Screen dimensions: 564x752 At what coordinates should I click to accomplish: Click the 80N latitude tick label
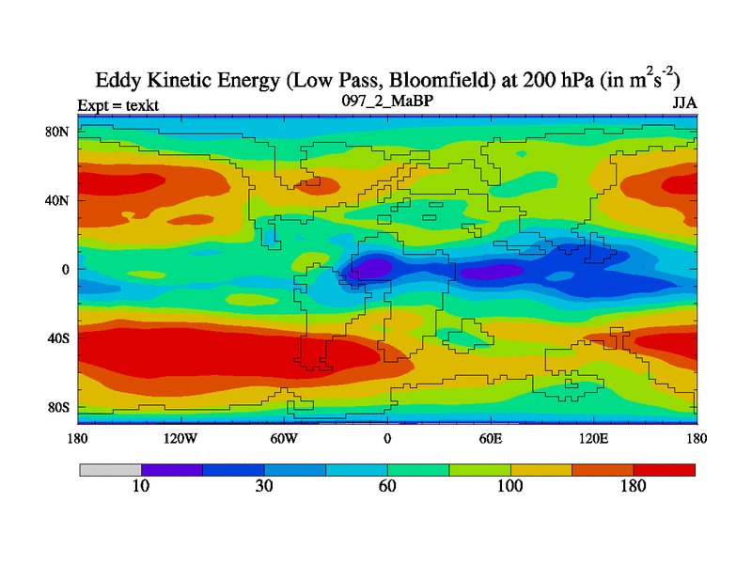pyautogui.click(x=59, y=132)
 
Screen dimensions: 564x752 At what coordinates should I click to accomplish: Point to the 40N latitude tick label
pyautogui.click(x=59, y=200)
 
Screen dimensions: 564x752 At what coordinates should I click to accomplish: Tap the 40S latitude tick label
pyautogui.click(x=59, y=337)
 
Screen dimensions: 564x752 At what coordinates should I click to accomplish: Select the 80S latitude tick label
pyautogui.click(x=59, y=407)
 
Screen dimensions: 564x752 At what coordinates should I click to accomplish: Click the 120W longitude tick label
pyautogui.click(x=180, y=438)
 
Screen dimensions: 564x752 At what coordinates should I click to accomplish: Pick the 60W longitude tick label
pyautogui.click(x=284, y=438)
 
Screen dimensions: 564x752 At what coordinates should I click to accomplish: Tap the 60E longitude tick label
pyautogui.click(x=491, y=438)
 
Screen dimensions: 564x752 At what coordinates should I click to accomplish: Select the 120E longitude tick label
pyautogui.click(x=593, y=438)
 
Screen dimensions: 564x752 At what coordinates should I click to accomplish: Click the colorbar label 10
pyautogui.click(x=141, y=487)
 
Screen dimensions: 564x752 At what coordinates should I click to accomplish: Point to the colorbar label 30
pyautogui.click(x=264, y=487)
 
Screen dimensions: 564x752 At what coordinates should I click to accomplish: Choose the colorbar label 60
pyautogui.click(x=387, y=487)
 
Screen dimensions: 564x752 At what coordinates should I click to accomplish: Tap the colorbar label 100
pyautogui.click(x=510, y=487)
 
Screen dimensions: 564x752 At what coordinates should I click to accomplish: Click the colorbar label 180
pyautogui.click(x=634, y=487)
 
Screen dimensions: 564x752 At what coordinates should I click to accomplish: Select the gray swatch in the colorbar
pyautogui.click(x=110, y=469)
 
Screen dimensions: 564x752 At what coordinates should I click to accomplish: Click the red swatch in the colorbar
pyautogui.click(x=665, y=469)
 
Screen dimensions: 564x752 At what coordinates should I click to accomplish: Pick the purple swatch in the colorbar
pyautogui.click(x=172, y=469)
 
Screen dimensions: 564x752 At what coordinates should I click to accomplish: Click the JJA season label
pyautogui.click(x=684, y=102)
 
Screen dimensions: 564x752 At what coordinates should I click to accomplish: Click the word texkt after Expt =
pyautogui.click(x=136, y=105)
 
